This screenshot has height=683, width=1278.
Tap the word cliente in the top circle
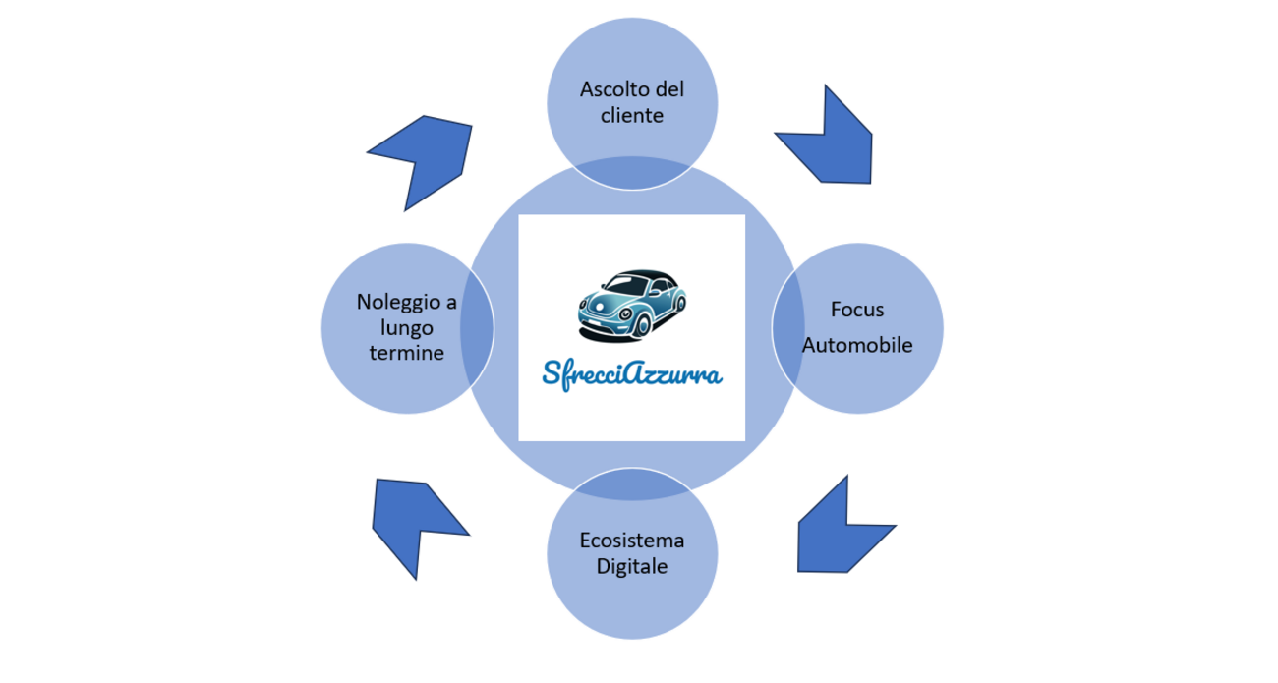(631, 115)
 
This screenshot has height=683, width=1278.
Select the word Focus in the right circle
(857, 311)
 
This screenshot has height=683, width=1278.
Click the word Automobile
(857, 345)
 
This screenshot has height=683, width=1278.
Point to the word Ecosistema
(631, 541)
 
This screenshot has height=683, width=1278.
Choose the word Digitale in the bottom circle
(632, 567)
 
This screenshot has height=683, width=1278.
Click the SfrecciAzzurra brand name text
(632, 373)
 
